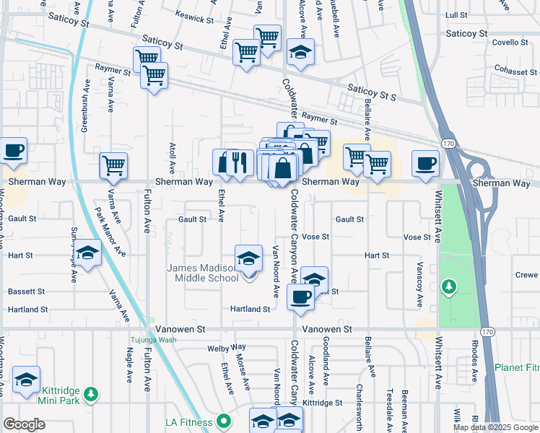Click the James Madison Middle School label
click(x=203, y=273)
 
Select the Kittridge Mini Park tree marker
click(x=90, y=394)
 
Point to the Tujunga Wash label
click(x=153, y=340)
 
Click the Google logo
click(x=24, y=424)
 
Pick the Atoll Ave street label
click(x=172, y=157)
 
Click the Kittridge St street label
click(x=322, y=402)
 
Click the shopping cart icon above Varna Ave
click(x=113, y=166)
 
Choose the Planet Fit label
click(x=517, y=367)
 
